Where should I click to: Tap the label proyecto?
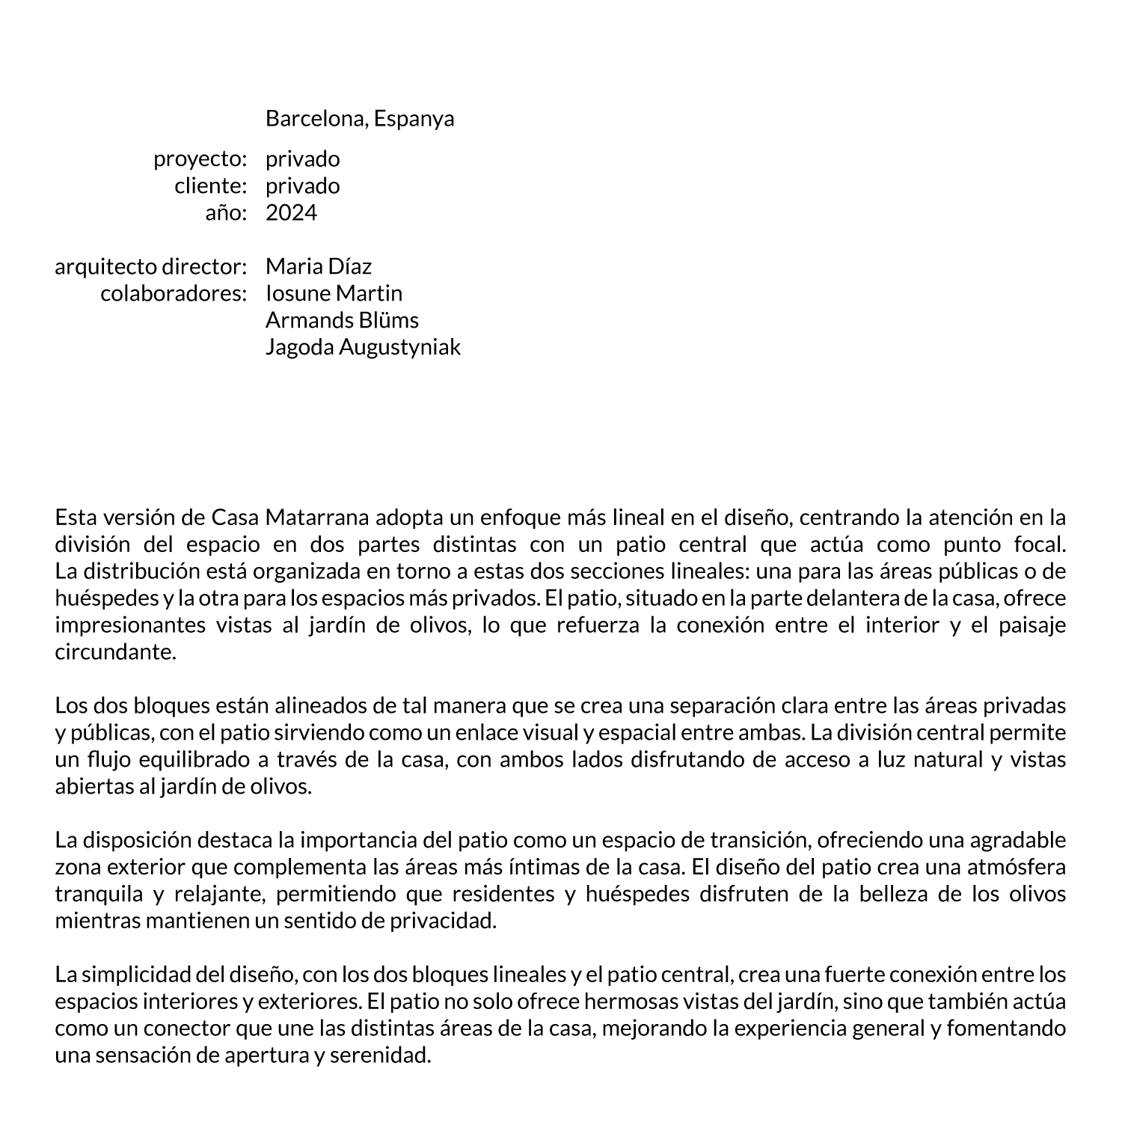click(200, 159)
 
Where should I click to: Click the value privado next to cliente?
click(302, 186)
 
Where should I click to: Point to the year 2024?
click(291, 213)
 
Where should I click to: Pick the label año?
click(226, 213)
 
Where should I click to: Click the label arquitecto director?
click(150, 267)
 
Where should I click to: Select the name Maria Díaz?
click(319, 267)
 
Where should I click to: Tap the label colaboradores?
click(174, 294)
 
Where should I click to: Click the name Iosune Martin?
click(334, 294)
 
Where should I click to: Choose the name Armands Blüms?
click(342, 321)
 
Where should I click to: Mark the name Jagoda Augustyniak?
click(363, 348)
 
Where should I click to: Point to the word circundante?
click(115, 652)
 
